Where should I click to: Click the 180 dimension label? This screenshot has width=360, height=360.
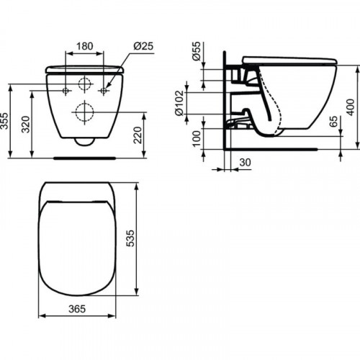click(x=86, y=46)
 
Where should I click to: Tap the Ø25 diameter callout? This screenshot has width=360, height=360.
click(x=143, y=46)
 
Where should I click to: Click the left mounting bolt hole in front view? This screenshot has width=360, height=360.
click(x=66, y=91)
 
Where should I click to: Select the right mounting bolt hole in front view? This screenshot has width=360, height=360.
click(x=104, y=91)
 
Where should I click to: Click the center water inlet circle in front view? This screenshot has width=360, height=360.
click(x=86, y=84)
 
